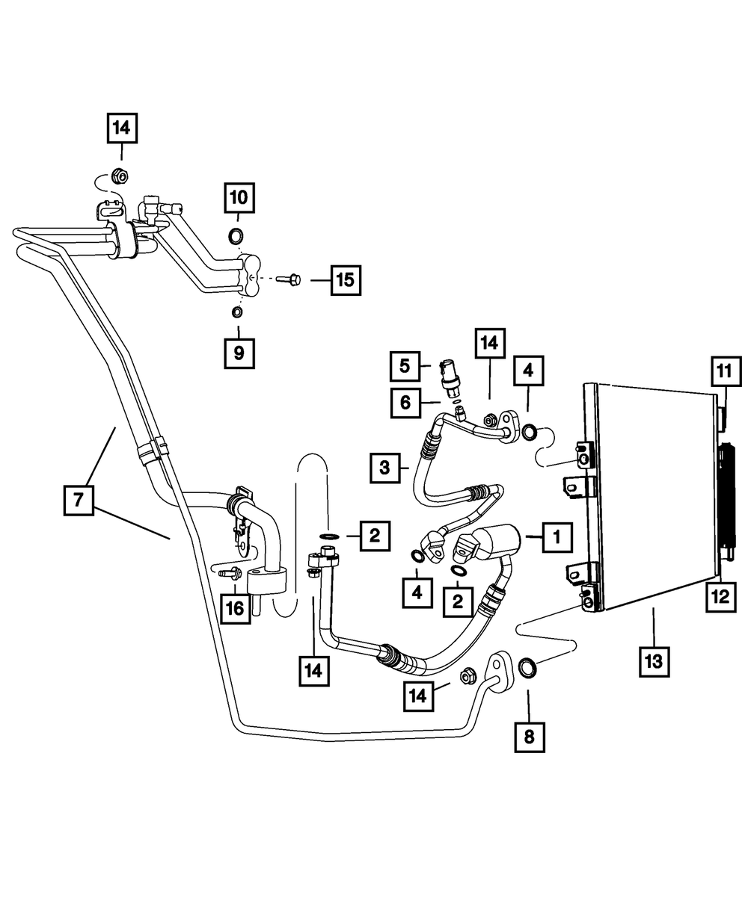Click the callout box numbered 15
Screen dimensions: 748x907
(346, 280)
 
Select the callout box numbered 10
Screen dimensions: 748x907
(239, 198)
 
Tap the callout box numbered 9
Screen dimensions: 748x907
(239, 353)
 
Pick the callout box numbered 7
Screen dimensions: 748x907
(79, 501)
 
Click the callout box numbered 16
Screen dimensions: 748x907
(236, 609)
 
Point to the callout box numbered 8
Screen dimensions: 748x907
(530, 737)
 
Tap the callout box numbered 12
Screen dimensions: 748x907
(720, 597)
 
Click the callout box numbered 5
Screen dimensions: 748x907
(405, 366)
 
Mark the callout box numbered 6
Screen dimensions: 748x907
(405, 403)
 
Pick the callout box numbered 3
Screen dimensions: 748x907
(385, 468)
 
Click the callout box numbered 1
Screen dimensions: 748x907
(557, 537)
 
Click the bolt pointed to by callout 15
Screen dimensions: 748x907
(289, 279)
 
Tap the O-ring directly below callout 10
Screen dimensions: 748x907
(236, 237)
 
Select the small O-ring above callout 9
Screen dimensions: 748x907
(237, 312)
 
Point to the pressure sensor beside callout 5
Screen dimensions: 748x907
(450, 377)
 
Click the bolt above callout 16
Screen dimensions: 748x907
(230, 574)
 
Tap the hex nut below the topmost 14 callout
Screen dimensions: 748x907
(120, 176)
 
